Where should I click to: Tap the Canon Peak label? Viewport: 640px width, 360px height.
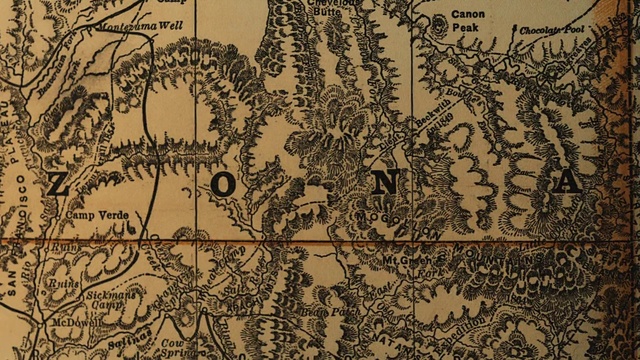467,21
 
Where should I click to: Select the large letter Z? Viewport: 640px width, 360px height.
58,184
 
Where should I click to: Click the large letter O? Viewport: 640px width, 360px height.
223,184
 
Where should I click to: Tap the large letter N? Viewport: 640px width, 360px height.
392,182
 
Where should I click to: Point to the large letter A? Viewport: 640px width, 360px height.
567,182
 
